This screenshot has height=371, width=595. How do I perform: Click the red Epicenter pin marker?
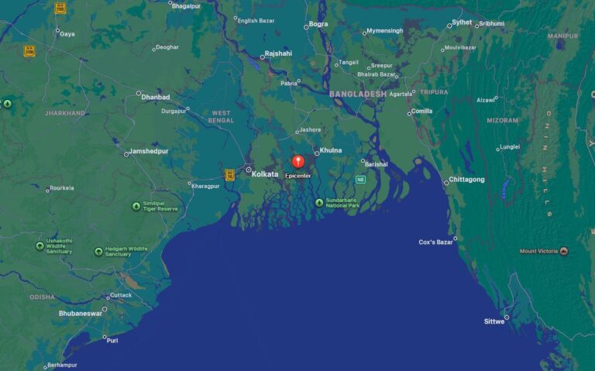pos(298,161)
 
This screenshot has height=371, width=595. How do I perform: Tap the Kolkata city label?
pos(265,174)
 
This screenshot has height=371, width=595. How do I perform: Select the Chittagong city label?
pos(466,180)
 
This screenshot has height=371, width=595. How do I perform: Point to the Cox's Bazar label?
pos(435,242)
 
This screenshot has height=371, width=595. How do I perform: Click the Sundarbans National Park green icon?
pos(319,203)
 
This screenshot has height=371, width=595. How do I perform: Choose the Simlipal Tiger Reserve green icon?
pos(136,206)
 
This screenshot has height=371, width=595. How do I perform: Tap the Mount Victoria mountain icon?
pos(563,251)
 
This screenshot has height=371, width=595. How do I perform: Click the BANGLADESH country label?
pos(357,94)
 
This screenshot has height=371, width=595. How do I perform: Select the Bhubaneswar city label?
pos(81,314)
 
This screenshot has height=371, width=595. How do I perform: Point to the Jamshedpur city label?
pos(148,151)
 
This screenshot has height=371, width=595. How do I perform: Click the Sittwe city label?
pos(494,321)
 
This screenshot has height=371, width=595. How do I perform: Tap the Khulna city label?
pos(331,150)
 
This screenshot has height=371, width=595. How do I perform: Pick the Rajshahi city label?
pos(278,53)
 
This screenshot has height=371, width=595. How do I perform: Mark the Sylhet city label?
pos(462,22)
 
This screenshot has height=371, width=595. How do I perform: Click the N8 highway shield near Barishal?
pos(360,180)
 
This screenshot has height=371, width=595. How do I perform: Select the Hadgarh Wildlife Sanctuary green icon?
pos(98,252)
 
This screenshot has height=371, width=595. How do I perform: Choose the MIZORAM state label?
pos(503,121)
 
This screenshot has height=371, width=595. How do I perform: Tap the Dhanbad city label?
pos(155,97)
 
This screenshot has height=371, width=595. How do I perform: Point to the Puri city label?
pos(112,340)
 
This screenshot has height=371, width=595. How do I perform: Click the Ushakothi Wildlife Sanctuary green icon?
pos(40,246)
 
